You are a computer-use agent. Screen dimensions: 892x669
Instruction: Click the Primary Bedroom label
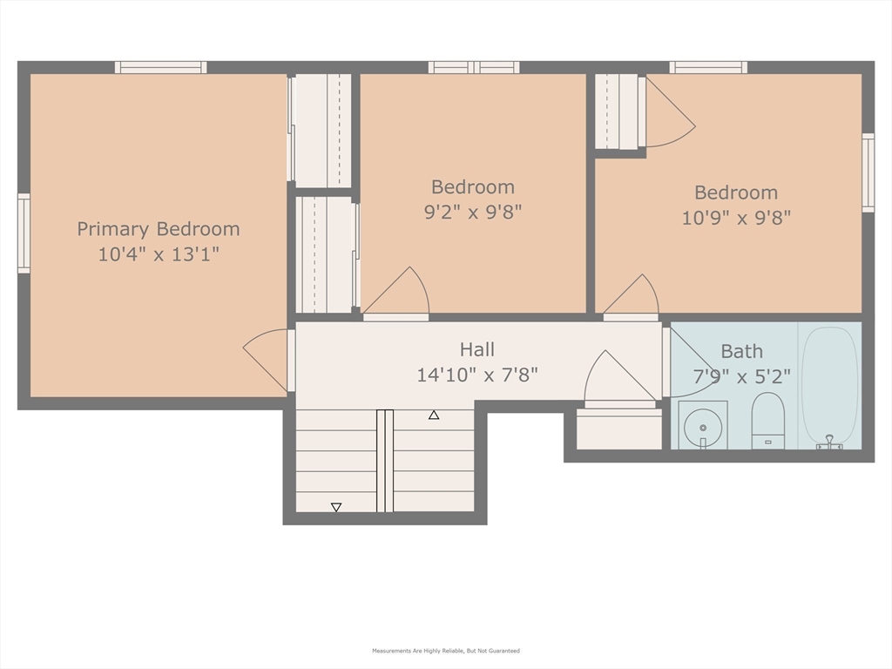(x=159, y=229)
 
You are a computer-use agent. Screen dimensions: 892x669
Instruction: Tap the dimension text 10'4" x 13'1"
(x=159, y=253)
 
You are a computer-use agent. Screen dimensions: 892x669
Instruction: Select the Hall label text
(x=476, y=349)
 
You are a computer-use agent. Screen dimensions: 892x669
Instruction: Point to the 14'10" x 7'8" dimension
(x=477, y=375)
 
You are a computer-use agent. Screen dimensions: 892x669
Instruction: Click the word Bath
(x=742, y=352)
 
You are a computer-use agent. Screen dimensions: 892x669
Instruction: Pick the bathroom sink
(x=703, y=425)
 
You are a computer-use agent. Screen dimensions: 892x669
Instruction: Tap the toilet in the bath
(x=768, y=421)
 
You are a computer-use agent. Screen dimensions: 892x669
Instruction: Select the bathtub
(x=829, y=386)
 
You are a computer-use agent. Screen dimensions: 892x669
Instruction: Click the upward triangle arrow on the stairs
(x=434, y=416)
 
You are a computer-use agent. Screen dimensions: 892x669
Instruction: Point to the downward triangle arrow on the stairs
(x=336, y=507)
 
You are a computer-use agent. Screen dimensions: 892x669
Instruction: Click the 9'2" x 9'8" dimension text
(x=473, y=213)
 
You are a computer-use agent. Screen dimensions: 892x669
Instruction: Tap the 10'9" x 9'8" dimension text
(x=736, y=217)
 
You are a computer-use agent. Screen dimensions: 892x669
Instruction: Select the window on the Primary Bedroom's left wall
(x=24, y=233)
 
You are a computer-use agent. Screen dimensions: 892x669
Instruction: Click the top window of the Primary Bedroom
(x=161, y=68)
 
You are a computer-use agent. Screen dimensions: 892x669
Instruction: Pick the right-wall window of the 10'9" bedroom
(x=868, y=173)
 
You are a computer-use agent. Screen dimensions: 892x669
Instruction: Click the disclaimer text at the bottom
(x=446, y=651)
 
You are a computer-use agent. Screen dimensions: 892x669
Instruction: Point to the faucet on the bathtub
(x=829, y=442)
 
